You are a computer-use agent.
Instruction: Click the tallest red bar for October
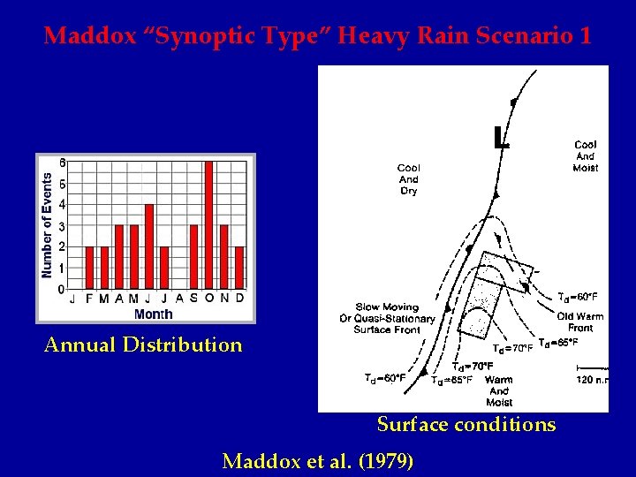coord(209,225)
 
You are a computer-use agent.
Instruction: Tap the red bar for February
coord(88,268)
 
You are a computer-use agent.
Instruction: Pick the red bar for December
coord(239,268)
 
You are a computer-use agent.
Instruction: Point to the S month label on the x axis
coord(193,299)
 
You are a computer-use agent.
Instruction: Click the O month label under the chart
coord(209,299)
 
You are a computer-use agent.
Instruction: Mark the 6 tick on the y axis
coord(61,163)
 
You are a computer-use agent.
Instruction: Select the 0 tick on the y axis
coord(61,289)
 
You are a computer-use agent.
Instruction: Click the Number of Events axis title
coord(47,225)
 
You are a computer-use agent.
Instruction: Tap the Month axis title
coord(153,314)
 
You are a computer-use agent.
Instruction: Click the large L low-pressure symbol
coord(501,137)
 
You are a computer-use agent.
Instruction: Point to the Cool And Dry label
coord(408,178)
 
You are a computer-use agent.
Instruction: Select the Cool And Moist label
coord(585,156)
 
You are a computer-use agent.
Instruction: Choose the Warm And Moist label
coord(499,390)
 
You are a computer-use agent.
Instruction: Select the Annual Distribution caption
coord(143,344)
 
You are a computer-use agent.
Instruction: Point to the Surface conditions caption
coord(466,424)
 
